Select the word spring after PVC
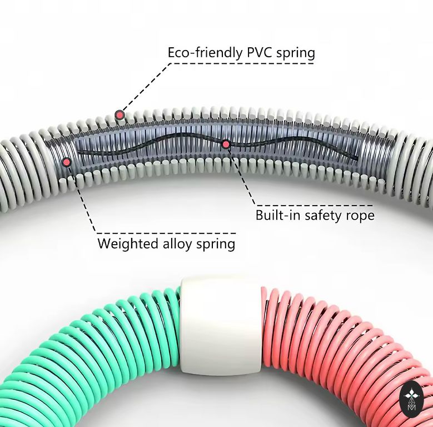295,53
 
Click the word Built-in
276,215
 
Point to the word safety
321,215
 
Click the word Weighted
123,244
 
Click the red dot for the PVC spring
120,115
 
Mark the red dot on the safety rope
226,145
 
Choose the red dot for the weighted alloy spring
67,162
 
